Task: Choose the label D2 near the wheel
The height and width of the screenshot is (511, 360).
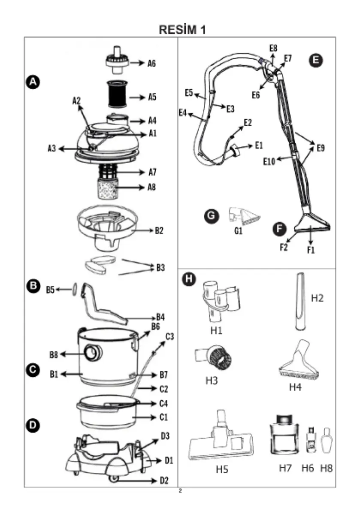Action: pyautogui.click(x=163, y=481)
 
